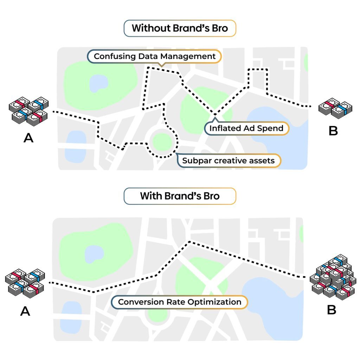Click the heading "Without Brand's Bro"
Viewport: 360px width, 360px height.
(180, 28)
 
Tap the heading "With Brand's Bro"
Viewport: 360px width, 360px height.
(180, 196)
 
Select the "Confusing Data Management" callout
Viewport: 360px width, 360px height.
(155, 56)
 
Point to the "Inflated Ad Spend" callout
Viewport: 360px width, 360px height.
(246, 128)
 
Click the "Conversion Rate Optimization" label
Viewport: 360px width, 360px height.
(180, 302)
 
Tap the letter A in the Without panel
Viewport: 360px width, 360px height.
(28, 138)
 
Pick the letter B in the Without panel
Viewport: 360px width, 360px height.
(333, 131)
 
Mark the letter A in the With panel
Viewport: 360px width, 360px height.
(25, 311)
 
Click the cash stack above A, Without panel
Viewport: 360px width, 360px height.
(28, 110)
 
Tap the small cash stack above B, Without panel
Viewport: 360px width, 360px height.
(335, 108)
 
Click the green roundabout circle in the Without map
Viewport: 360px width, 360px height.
(162, 142)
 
